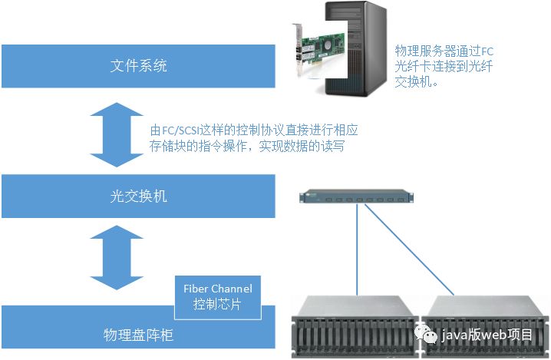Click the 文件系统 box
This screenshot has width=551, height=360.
(138, 66)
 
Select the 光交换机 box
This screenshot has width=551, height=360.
(138, 197)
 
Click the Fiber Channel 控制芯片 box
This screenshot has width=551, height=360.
(217, 296)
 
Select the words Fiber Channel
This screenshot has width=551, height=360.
(217, 289)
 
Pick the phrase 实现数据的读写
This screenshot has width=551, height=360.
(296, 146)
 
